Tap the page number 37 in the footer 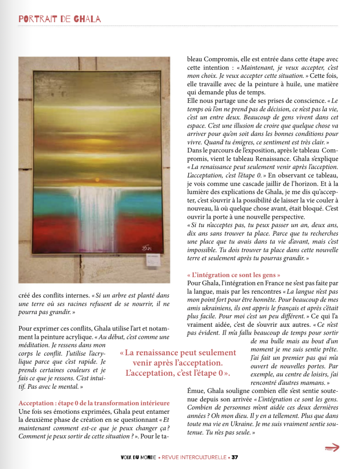coord(235,457)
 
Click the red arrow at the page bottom coord(332,448)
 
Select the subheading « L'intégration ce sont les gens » coord(234,275)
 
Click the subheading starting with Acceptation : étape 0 coord(94,403)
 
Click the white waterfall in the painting coord(99,218)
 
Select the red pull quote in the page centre coord(178,363)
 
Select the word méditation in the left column coord(36,345)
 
